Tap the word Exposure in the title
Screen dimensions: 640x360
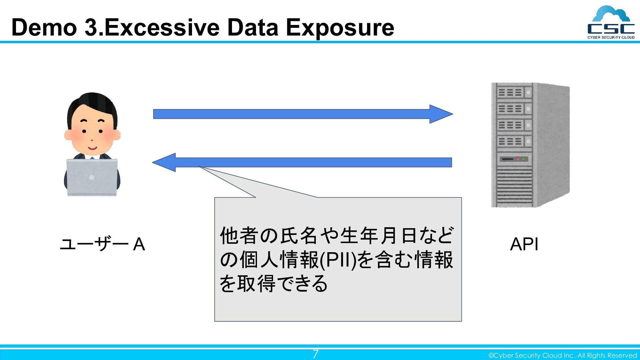340,28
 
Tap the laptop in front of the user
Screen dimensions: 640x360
92,177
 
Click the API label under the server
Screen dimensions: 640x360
524,244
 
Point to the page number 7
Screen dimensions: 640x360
315,354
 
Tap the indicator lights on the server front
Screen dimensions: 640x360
521,159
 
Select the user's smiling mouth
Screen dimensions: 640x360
92,148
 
